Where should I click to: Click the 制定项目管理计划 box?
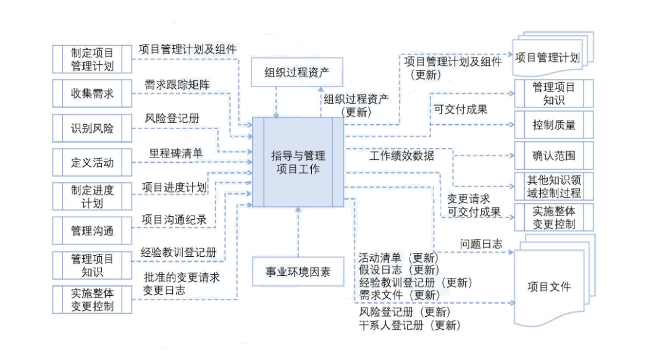coord(92,60)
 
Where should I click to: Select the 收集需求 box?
coord(92,94)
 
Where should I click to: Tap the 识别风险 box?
coord(92,129)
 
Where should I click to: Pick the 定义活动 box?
coord(92,163)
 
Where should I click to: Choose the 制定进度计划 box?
coord(92,197)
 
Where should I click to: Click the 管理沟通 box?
coord(92,231)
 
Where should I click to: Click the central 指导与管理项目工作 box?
coord(298,162)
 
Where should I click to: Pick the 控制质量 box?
coord(553,125)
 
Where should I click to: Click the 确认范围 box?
coord(553,155)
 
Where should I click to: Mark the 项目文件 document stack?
coord(549,286)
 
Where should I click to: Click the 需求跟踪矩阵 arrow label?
coord(177,85)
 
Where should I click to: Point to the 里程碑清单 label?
coord(176,153)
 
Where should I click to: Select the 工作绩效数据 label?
coord(401,156)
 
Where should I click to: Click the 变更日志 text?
coord(164,290)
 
